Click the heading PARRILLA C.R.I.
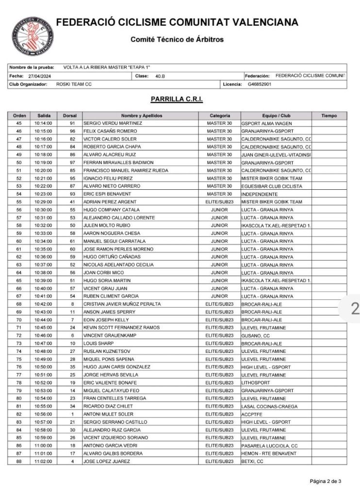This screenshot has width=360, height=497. click(x=177, y=99)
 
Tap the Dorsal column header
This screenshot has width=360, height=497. click(x=69, y=116)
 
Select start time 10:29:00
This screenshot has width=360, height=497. click(x=43, y=202)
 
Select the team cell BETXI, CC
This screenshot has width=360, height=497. click(x=251, y=461)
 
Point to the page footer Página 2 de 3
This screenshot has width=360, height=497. click(x=326, y=481)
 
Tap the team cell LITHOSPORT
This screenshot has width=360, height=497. click(x=255, y=382)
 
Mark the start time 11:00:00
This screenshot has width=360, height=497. click(x=43, y=446)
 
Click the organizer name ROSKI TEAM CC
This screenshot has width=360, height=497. click(x=74, y=84)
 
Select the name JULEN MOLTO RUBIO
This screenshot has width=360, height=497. click(x=104, y=225)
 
